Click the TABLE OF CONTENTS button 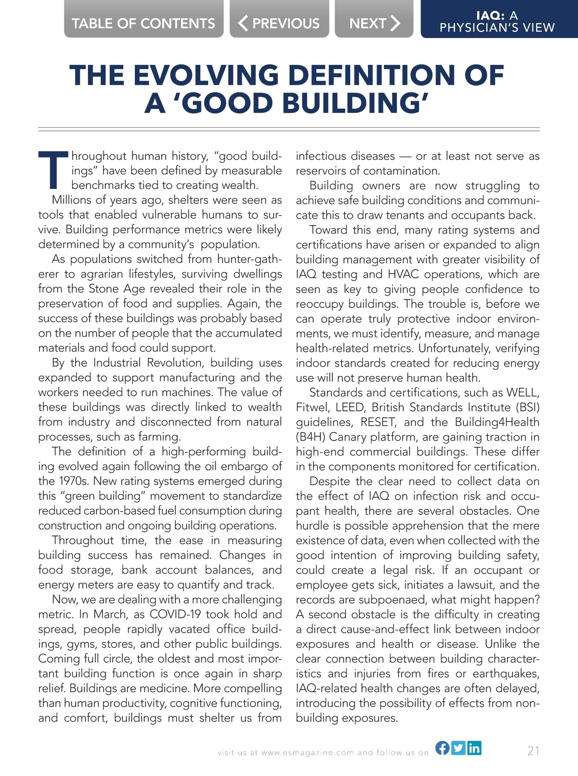(x=144, y=23)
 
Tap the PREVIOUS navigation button (x=279, y=23)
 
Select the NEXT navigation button (x=374, y=23)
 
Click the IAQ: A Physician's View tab (x=497, y=22)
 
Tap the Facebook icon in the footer (x=442, y=748)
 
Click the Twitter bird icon (x=458, y=748)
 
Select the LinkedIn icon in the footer (x=474, y=748)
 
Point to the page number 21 (x=533, y=750)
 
